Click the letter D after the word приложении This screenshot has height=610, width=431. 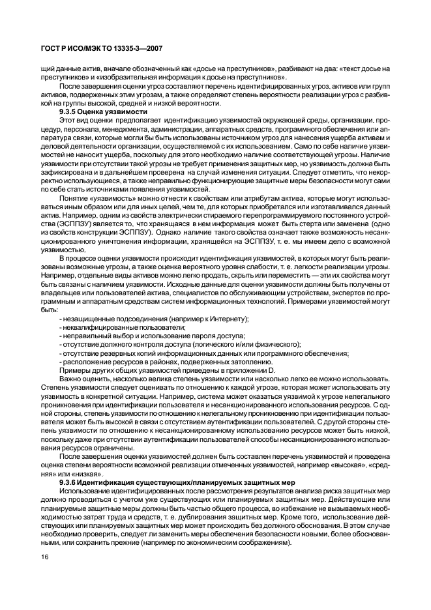click(x=273, y=370)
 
